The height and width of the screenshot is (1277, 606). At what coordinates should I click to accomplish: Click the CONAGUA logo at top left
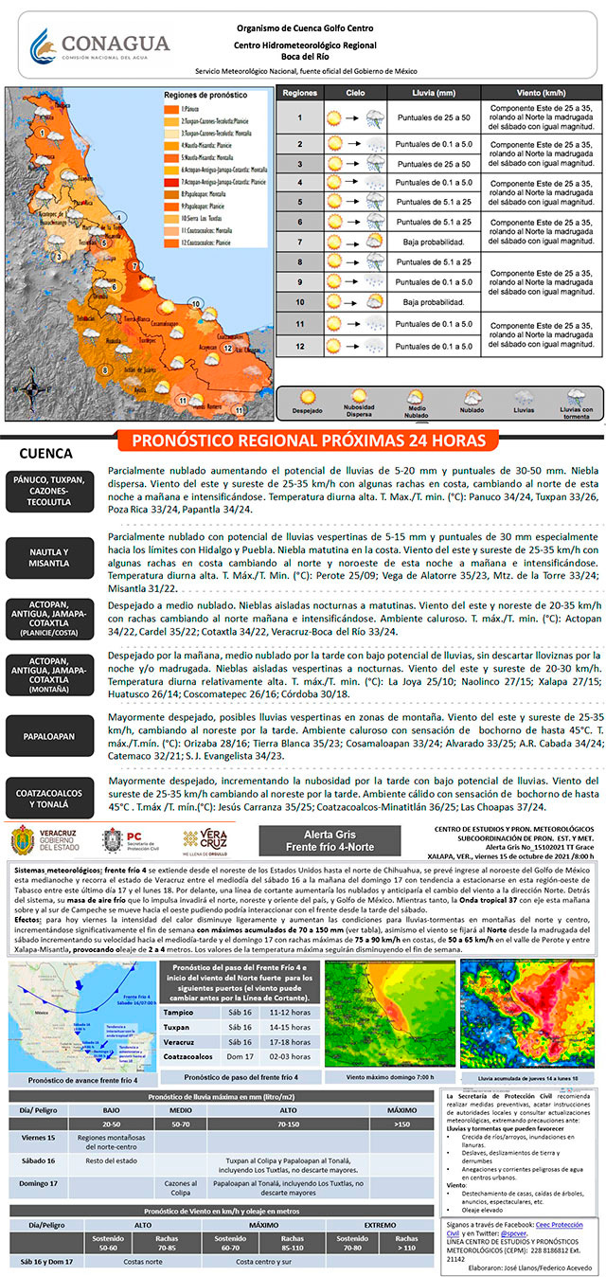click(x=99, y=45)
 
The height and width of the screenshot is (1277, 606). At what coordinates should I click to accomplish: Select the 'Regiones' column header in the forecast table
click(x=299, y=95)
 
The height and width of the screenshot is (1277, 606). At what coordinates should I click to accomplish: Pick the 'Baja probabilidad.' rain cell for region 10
click(x=433, y=302)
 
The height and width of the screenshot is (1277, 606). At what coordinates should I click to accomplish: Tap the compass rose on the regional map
click(x=28, y=386)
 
